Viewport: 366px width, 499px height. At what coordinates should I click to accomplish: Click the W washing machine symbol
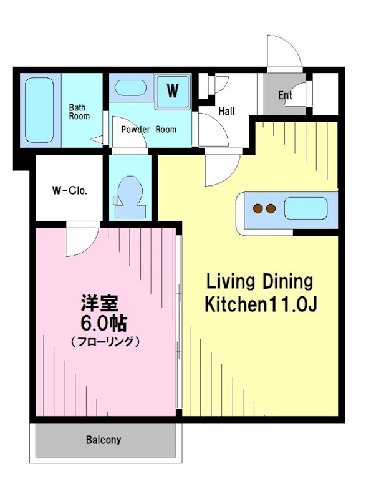pos(173,91)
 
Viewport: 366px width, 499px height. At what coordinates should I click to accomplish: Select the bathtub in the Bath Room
pos(39,110)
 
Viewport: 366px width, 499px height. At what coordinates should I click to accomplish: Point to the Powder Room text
pos(148,130)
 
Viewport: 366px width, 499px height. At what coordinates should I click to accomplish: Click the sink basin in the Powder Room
pos(130,87)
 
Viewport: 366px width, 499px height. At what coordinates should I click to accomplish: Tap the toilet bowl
pos(130,191)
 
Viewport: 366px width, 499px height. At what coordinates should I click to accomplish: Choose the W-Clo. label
pos(69,191)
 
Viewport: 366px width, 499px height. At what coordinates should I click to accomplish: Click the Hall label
pos(226,111)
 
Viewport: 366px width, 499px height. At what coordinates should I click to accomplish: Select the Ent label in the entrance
pos(285,95)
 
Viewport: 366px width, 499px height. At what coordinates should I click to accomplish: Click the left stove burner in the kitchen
pos(258,209)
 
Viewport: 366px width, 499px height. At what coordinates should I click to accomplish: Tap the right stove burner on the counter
pos(271,209)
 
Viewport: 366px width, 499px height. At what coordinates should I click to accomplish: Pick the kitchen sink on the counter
pos(306,208)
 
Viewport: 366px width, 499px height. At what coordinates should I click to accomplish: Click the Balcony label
pos(104,440)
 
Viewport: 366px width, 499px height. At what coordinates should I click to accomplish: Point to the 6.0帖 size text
pos(104,324)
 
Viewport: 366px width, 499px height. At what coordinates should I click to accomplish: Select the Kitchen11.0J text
pos(261,304)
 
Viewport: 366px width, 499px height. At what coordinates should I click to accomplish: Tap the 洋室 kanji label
pos(100,303)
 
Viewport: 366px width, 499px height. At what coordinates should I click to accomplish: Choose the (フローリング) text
pos(105,342)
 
